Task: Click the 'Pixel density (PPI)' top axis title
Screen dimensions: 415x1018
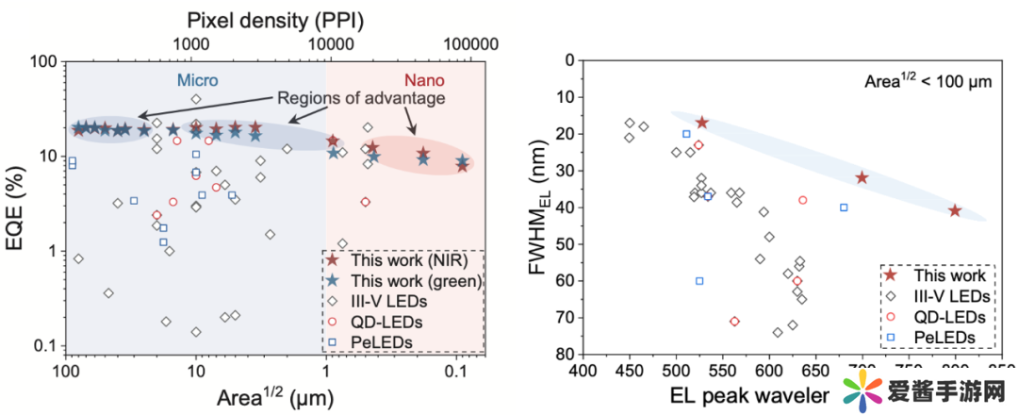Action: point(275,17)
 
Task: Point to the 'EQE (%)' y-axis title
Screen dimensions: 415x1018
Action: point(16,204)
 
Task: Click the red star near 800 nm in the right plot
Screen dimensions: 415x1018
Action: point(955,210)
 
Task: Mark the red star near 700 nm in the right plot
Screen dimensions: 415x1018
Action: point(862,177)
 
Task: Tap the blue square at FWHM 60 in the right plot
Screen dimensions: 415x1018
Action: point(699,280)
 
